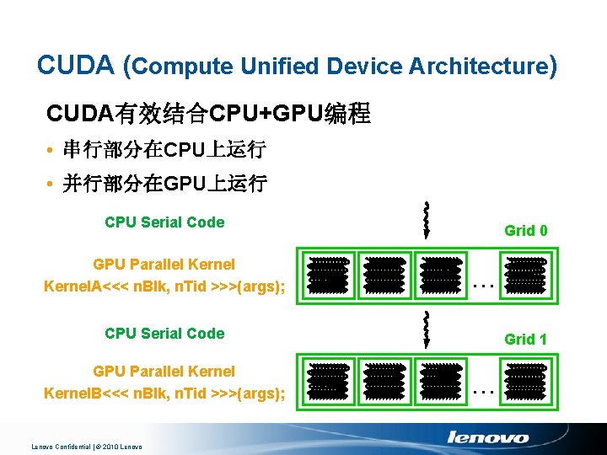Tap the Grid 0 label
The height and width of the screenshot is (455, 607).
coord(526,230)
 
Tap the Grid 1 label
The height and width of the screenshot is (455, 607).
coord(526,340)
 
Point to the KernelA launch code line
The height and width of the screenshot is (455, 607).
coord(164,287)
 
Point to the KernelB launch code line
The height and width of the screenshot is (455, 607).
coord(164,393)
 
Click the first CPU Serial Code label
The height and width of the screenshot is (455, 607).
coord(164,222)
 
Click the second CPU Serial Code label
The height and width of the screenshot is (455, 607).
coord(164,334)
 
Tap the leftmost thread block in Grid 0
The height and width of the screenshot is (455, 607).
coord(328,275)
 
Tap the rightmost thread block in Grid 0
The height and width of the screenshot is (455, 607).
coord(525,275)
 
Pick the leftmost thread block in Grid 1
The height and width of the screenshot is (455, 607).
coord(328,381)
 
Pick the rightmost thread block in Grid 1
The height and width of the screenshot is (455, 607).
coord(525,381)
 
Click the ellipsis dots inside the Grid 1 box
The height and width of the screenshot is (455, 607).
coord(483,391)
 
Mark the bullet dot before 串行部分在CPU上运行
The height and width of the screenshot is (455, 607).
coord(51,152)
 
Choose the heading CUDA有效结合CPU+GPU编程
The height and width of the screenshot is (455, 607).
coord(208,114)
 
